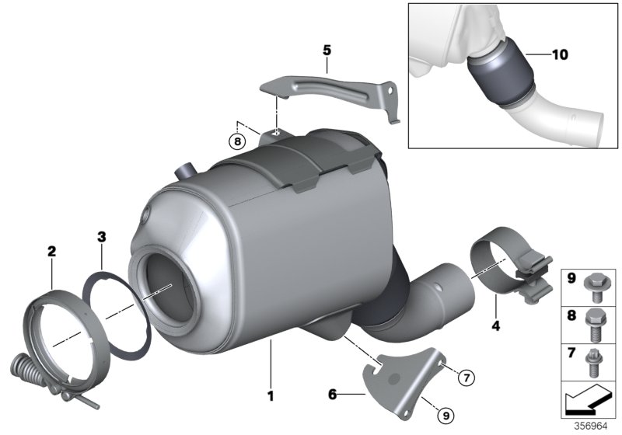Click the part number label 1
271,395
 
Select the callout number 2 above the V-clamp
51,251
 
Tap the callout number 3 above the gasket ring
101,235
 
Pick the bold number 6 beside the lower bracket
333,395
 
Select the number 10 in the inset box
558,55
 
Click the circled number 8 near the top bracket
236,141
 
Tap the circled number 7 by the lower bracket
465,378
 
